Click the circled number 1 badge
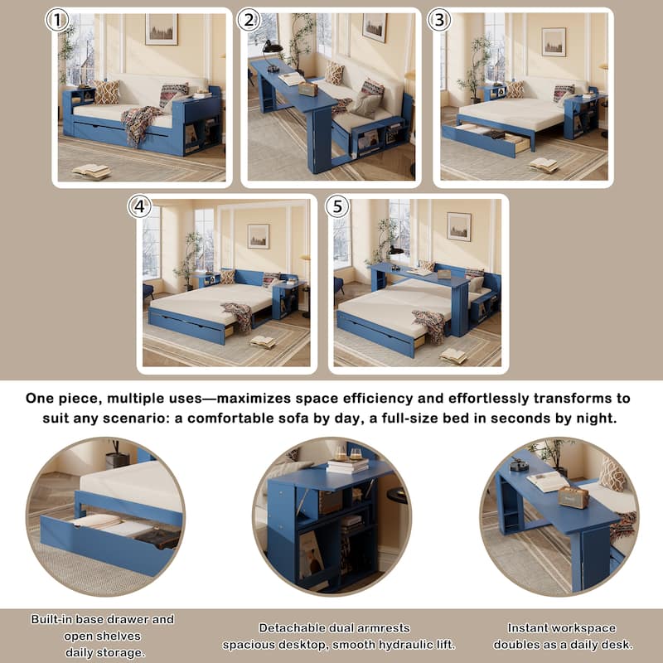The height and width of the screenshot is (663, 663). [x=56, y=21]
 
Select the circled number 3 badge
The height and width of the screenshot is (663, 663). [x=439, y=20]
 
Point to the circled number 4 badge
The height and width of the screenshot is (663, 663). [x=139, y=206]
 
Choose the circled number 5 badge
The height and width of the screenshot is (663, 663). [x=336, y=206]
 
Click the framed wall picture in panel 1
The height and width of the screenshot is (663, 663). [x=161, y=29]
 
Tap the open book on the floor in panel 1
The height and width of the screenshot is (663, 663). [x=90, y=171]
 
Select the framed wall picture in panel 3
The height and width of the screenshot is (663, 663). [x=554, y=41]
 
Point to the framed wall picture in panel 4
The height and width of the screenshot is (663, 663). [x=258, y=235]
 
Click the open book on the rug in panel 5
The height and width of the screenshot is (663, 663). [x=453, y=355]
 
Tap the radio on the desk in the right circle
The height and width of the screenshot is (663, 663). [x=573, y=496]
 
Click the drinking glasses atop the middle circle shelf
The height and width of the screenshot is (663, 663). [x=347, y=454]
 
